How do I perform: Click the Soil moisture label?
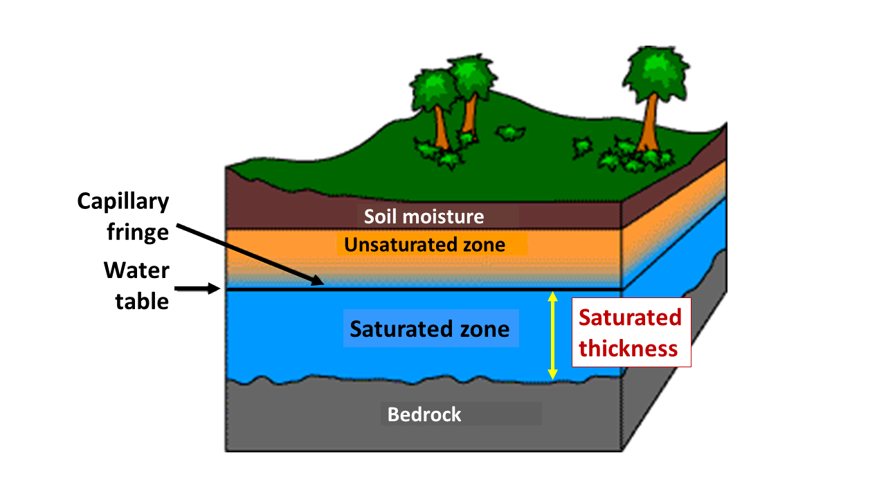[424, 216]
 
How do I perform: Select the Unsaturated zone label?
[424, 245]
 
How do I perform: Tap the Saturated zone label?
[430, 329]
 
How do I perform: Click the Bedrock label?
[424, 414]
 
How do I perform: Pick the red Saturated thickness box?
[632, 333]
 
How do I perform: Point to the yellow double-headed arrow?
[552, 335]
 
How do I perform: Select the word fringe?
[138, 232]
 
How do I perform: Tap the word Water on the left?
[136, 270]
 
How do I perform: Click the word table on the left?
[142, 301]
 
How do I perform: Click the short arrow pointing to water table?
[197, 288]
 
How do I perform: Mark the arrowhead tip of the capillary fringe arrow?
[324, 284]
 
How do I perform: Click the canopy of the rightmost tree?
[656, 73]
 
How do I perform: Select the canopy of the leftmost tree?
[433, 91]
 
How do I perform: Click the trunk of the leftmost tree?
[441, 127]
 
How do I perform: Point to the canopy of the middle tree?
[472, 77]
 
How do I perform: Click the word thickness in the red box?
[629, 349]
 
